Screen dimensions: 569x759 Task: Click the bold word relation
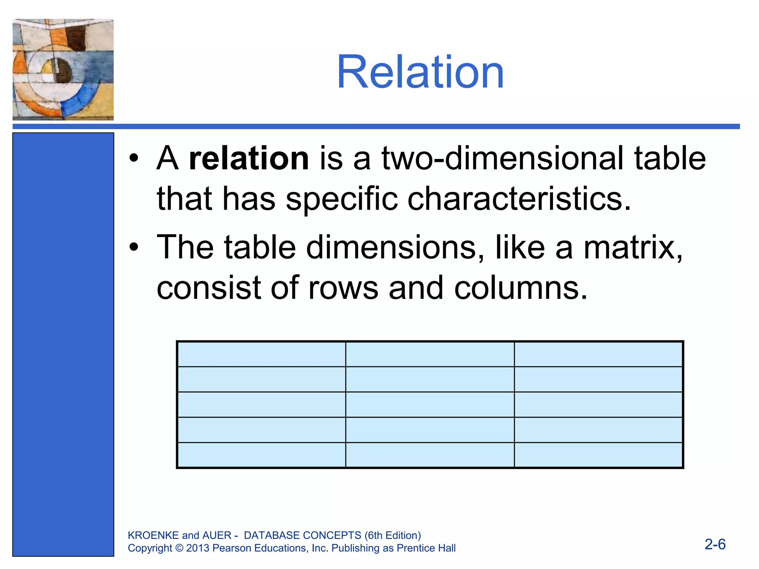(x=249, y=159)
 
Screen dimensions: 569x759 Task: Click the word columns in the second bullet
(x=520, y=288)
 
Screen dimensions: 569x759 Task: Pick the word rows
(x=343, y=288)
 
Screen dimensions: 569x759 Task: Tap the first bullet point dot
(x=134, y=159)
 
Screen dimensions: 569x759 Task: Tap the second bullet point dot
(x=134, y=247)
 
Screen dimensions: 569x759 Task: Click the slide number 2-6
(x=715, y=544)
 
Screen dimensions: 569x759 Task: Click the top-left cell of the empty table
(x=262, y=354)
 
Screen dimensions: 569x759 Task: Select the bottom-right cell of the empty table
(x=598, y=455)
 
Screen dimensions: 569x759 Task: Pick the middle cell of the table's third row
(x=430, y=405)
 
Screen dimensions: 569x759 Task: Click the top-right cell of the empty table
(x=598, y=354)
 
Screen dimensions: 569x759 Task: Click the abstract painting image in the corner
(x=63, y=70)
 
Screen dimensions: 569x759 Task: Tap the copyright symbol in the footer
(x=179, y=548)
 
